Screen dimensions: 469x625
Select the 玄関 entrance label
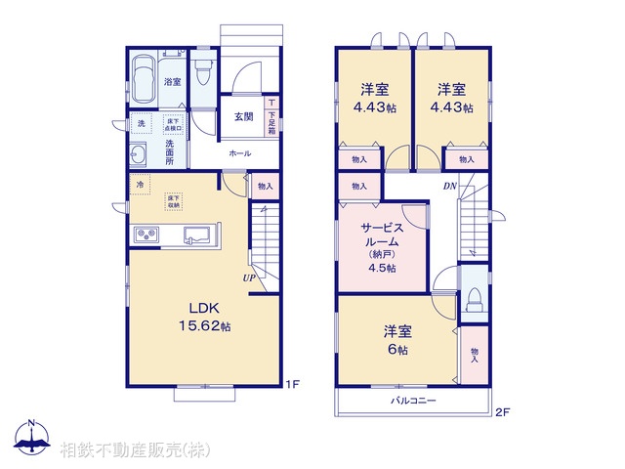point(244,117)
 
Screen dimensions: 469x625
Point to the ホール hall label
point(239,153)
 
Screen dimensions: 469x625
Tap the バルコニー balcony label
point(413,401)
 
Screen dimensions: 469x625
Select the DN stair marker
point(450,186)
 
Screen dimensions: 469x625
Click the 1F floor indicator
point(292,384)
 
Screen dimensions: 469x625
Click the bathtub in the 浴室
point(145,77)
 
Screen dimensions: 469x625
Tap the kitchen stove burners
point(147,235)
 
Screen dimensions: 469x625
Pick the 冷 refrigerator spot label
point(141,185)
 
